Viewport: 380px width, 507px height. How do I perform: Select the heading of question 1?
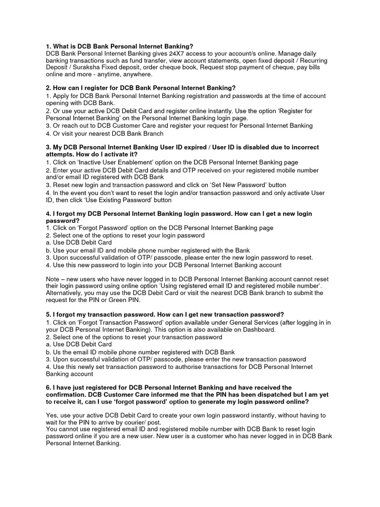click(x=119, y=46)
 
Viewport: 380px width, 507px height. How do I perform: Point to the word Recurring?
click(x=311, y=60)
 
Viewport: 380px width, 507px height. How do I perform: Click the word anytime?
click(x=98, y=74)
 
